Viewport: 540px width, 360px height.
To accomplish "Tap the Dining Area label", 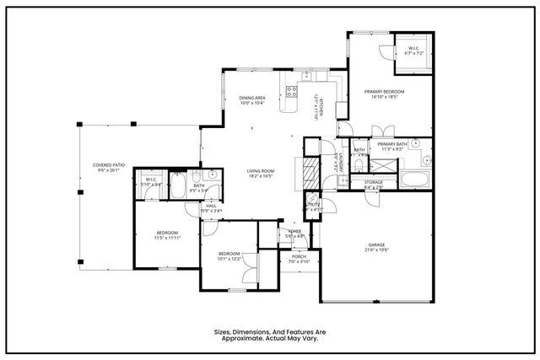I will [252, 98].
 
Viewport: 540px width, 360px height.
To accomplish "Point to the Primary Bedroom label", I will [384, 91].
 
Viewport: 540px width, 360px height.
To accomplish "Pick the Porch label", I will [300, 257].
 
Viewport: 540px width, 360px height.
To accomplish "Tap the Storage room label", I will [374, 182].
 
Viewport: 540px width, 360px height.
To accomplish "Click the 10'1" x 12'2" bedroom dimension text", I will [230, 259].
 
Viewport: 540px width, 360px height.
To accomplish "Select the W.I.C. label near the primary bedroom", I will [413, 48].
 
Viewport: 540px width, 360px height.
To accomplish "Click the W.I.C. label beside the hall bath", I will [152, 180].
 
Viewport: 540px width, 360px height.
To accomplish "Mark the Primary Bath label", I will [392, 144].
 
